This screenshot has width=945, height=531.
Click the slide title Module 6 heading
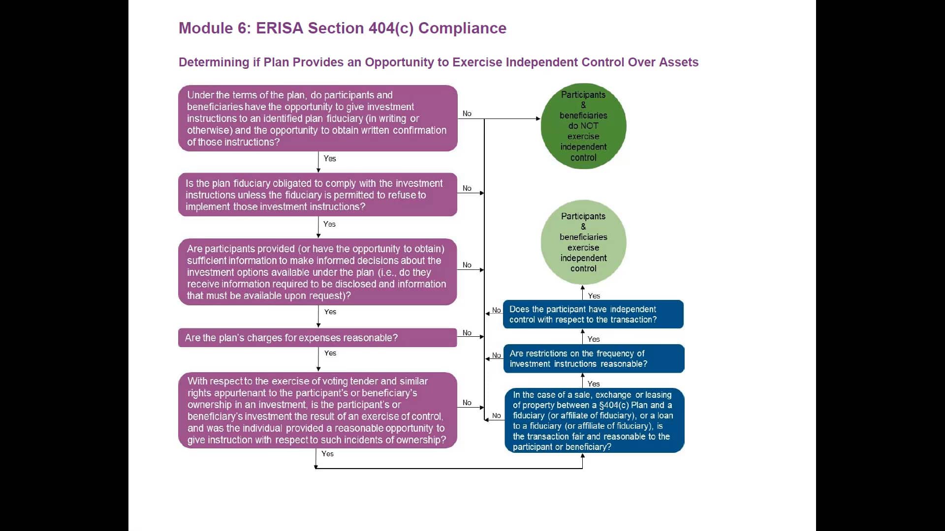342,28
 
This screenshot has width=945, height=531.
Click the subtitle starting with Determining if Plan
438,62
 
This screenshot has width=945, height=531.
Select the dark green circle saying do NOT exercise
583,126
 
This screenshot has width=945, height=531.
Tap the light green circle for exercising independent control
583,242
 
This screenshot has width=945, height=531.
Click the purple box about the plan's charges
317,338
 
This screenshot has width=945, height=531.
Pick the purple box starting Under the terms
317,118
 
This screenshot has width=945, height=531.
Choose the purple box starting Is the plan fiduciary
317,195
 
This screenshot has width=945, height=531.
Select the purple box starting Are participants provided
317,272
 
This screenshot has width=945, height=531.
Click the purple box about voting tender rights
317,410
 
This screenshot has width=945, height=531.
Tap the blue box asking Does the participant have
593,314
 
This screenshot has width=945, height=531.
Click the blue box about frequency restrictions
593,358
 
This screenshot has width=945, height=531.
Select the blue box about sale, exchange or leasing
594,420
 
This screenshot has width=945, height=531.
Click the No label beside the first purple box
467,114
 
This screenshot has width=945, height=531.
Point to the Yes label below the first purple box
330,158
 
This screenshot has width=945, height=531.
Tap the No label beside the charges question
467,333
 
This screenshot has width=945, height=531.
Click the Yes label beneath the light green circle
594,296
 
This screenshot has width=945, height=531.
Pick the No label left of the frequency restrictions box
497,355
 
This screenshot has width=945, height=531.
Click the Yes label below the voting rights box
327,454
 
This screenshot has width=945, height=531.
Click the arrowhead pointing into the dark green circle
538,118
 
